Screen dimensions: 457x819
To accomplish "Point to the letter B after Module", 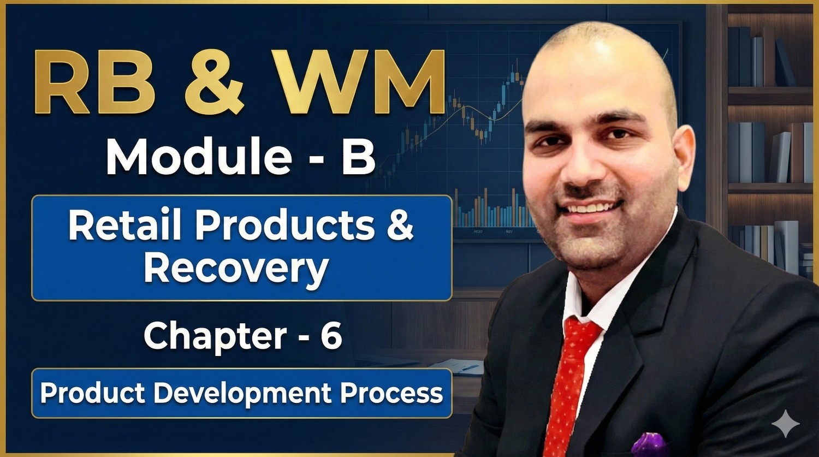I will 358,157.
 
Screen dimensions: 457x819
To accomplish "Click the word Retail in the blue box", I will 127,225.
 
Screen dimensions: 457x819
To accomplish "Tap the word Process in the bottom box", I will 391,393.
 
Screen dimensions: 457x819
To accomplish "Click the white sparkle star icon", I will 785,424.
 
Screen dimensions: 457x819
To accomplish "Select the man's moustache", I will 593,194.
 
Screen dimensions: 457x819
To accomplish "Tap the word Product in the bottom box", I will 93,393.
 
